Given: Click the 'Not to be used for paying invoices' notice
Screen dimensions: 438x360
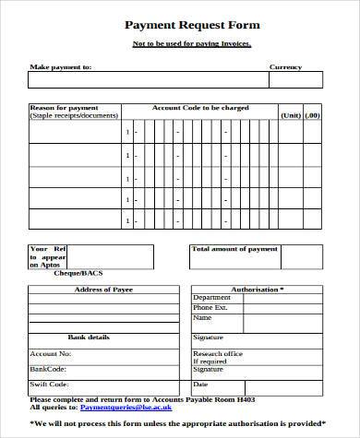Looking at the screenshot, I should click(x=178, y=44).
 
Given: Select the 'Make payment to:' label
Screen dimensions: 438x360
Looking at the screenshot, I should click(x=60, y=67).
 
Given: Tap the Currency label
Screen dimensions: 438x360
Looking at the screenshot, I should click(x=285, y=67).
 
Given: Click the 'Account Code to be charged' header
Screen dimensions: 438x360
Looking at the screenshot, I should click(x=199, y=108).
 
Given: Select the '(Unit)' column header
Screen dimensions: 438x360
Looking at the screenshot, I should click(x=291, y=115).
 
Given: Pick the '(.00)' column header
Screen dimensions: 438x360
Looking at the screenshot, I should click(x=312, y=115).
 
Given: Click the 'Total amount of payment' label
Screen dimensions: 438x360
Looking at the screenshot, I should click(x=234, y=249).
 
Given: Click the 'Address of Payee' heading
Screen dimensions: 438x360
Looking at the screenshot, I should click(x=102, y=290).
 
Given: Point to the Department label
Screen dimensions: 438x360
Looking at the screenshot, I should click(x=211, y=298).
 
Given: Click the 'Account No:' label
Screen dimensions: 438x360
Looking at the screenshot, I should click(x=51, y=353).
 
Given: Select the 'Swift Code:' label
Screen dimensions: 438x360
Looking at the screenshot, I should click(x=50, y=384).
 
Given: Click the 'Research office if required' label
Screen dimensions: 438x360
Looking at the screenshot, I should click(x=218, y=358).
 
